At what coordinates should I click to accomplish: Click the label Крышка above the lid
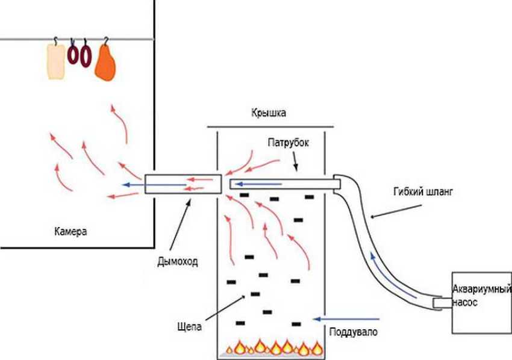pyautogui.click(x=269, y=113)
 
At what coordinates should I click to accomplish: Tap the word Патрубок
pyautogui.click(x=289, y=144)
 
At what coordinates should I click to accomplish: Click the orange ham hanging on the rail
pyautogui.click(x=105, y=63)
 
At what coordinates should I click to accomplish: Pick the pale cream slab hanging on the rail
pyautogui.click(x=56, y=61)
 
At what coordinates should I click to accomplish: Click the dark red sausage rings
pyautogui.click(x=80, y=55)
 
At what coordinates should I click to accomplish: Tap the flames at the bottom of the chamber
pyautogui.click(x=274, y=347)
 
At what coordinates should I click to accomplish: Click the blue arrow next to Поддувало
pyautogui.click(x=346, y=317)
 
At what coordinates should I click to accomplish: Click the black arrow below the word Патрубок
pyautogui.click(x=296, y=161)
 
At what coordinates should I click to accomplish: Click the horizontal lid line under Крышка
pyautogui.click(x=269, y=127)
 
